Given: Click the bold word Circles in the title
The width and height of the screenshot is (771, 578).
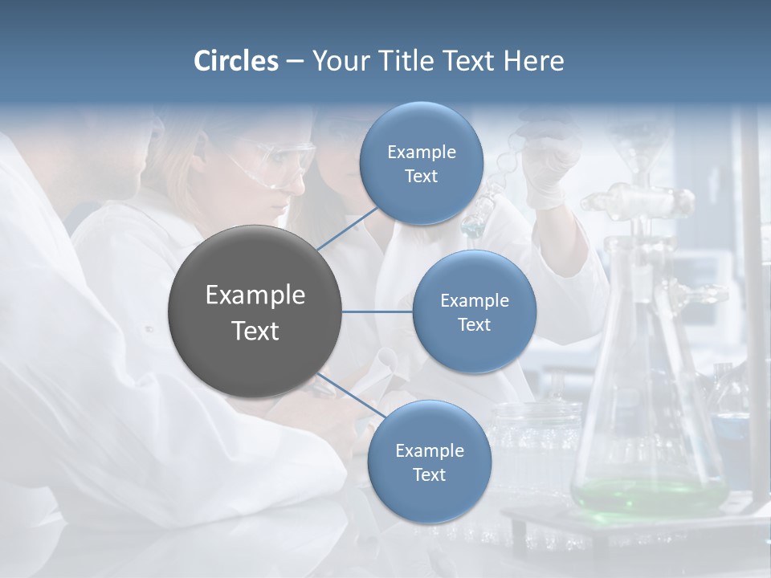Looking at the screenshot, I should pos(236,61).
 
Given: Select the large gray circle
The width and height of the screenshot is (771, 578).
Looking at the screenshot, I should pos(255,311).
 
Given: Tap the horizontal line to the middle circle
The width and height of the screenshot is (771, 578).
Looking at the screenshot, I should pos(377,311).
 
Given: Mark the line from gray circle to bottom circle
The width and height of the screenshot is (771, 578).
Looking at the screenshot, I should pos(352,397).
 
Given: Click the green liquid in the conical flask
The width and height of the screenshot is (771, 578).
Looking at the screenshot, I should pos(647,494).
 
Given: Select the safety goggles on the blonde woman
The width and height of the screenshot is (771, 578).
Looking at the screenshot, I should pos(277,161).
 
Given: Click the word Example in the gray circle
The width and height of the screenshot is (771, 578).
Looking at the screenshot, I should pos(255,295).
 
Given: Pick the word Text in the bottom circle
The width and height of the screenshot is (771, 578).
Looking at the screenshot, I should pos(429,474).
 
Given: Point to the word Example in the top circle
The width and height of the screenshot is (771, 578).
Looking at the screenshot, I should pos(421,152).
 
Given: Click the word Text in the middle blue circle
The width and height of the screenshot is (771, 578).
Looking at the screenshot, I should pos(474,324).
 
